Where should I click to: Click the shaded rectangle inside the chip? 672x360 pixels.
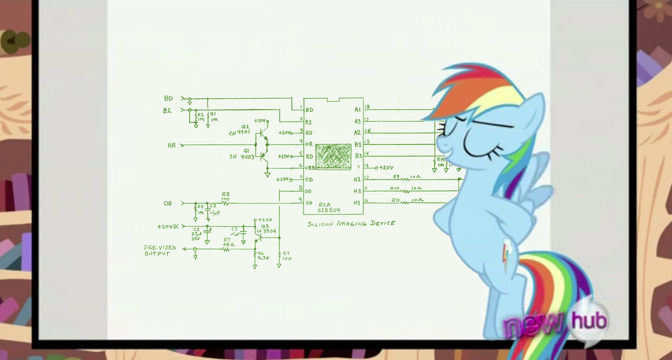point(333,157)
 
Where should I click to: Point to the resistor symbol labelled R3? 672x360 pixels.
point(225,202)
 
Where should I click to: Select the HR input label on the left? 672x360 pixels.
point(172,145)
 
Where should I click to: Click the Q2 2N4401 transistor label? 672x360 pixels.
point(240,130)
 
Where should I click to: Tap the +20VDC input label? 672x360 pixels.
point(168,227)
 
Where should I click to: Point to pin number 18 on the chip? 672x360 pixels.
point(367,107)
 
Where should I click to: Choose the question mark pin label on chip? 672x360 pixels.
point(358,168)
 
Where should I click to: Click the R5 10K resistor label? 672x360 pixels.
point(287,256)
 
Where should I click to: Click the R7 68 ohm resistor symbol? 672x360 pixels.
point(226,249)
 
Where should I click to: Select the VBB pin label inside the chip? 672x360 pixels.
point(310,168)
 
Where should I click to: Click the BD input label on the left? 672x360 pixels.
point(169,98)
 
